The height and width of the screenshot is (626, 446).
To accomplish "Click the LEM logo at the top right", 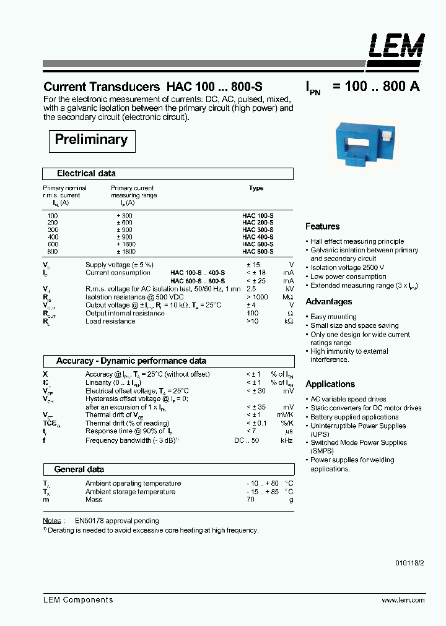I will point(397,46).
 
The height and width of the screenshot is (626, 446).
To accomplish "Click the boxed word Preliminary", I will point(91,140).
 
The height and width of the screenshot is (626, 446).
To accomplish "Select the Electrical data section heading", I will point(86,174).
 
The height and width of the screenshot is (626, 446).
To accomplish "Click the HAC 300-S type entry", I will point(258,229).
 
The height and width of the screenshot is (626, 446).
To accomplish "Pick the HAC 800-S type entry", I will point(258,252).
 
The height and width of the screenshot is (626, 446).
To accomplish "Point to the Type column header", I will point(256,188).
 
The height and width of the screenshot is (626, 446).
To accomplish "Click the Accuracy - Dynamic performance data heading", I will point(131,361).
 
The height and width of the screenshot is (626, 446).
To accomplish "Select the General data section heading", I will point(79,469).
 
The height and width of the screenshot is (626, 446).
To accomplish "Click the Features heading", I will point(322,226).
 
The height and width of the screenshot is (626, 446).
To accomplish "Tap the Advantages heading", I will point(328,302).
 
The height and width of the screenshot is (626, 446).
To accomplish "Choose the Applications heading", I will point(330,384).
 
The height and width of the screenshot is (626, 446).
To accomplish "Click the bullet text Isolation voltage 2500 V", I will point(348,268).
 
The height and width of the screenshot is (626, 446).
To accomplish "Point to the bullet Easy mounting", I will point(333,317).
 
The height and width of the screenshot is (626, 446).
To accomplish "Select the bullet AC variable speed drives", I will point(348,400).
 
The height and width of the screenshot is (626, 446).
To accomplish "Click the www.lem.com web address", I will point(403,600).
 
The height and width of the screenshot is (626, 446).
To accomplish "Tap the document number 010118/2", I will point(410,564).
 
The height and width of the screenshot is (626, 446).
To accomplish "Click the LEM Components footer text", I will point(78,600).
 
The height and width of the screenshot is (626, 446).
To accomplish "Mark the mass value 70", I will point(250,499).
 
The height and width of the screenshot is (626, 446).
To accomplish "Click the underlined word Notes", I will point(52,521).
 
